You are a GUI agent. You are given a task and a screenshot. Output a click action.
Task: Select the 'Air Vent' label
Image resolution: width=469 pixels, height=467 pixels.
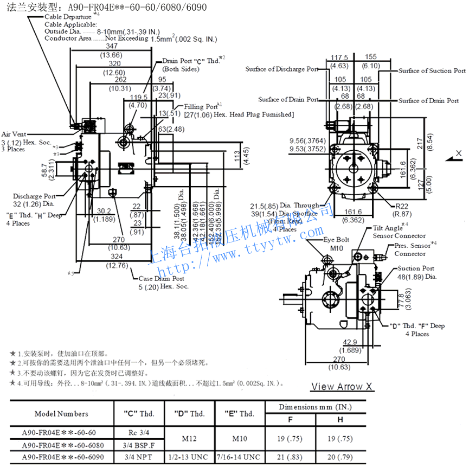[x=14, y=134]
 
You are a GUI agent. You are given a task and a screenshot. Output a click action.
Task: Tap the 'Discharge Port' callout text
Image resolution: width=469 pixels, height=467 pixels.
[x=34, y=196]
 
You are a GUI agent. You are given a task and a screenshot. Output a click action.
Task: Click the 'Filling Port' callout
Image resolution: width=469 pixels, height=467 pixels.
[x=201, y=107]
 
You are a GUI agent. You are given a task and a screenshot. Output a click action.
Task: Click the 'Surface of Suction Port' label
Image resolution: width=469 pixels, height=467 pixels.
[x=432, y=71]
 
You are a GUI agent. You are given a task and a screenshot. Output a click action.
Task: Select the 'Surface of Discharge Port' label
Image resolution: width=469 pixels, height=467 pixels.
[x=281, y=69]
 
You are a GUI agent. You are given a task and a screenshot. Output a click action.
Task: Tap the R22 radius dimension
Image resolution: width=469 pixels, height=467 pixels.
[x=401, y=206]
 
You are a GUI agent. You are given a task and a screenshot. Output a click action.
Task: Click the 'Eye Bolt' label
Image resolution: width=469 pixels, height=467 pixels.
[x=336, y=239]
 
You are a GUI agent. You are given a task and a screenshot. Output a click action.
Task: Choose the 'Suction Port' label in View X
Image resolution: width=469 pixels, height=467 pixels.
[x=416, y=268]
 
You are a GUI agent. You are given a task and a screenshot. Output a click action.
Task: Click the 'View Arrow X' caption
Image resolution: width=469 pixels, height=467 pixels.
[x=342, y=387]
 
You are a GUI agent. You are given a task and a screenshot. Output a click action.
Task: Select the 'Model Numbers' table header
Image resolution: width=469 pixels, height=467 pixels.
[x=61, y=414]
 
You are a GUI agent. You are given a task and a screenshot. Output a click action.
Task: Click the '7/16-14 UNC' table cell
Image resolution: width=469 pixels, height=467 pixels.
[x=240, y=457]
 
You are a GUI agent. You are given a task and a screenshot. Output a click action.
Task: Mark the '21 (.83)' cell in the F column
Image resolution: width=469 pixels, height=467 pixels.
[x=291, y=457]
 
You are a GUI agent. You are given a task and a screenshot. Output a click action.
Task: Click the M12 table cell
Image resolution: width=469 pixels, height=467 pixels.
[x=190, y=438]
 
